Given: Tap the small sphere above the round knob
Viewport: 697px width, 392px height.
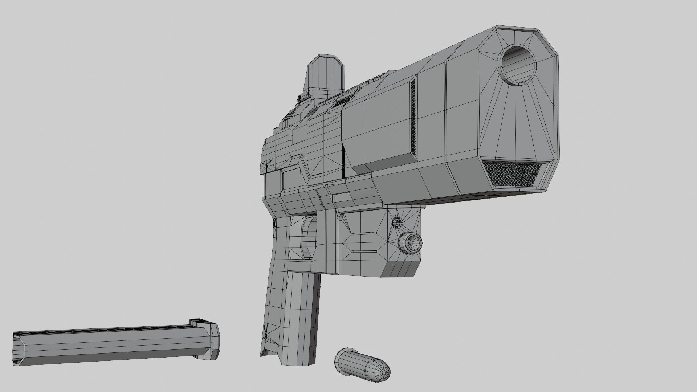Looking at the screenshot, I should (x=398, y=222).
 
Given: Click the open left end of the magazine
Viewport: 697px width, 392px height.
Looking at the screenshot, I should (x=16, y=348).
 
